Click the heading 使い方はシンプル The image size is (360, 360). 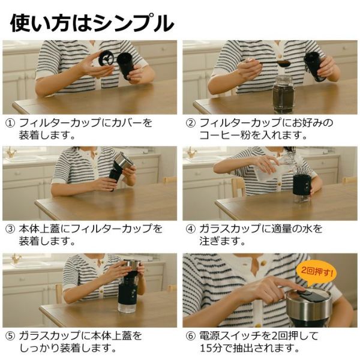tap(92, 23)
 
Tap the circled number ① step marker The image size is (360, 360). tap(10, 123)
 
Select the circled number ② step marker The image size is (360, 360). tap(190, 123)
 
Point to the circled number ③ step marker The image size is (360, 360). tap(10, 229)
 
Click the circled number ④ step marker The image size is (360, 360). tap(190, 229)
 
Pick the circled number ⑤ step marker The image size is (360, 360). tap(10, 336)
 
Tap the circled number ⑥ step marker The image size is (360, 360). tap(190, 336)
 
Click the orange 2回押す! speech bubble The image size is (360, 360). tap(316, 274)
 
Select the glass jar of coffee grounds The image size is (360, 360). tap(283, 94)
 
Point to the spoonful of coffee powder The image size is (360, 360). tap(284, 63)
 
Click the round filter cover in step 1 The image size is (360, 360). tap(106, 58)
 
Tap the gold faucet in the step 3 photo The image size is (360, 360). tap(11, 152)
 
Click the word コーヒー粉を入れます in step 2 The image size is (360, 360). tap(253, 136)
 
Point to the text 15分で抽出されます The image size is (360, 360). tap(250, 349)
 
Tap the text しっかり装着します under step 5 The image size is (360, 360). tap(68, 349)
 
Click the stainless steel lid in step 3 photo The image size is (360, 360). tap(124, 160)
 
